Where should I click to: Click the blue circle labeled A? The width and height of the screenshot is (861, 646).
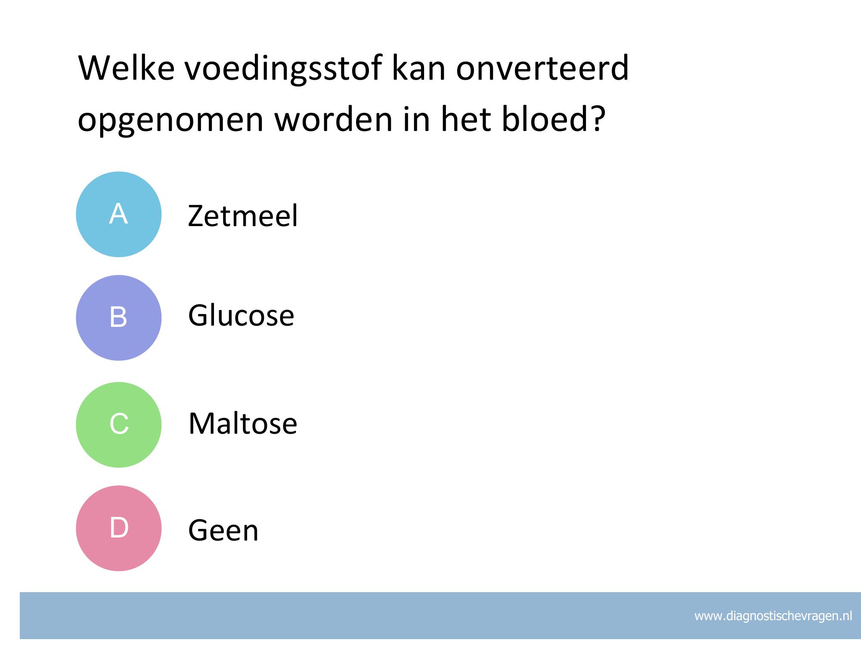point(119,214)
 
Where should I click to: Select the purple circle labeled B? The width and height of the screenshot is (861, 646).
point(119,318)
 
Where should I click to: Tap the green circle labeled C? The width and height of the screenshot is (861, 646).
point(119,425)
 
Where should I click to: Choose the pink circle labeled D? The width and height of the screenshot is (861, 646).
point(119,528)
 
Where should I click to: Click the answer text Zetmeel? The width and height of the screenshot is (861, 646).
point(243,215)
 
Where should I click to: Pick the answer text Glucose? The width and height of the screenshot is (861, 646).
point(241,315)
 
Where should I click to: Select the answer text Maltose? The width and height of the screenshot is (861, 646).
point(243,423)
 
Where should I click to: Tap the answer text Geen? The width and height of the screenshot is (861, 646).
point(223,530)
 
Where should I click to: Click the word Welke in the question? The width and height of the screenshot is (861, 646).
point(126,68)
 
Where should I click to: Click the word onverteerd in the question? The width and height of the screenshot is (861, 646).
point(542,68)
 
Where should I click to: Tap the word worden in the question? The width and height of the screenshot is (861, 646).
point(334,118)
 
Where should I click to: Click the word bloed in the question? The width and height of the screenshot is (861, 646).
point(545,118)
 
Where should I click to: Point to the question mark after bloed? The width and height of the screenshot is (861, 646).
point(598,118)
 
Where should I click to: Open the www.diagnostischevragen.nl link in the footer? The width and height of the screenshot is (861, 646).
point(773,616)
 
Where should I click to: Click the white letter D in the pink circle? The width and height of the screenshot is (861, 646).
point(119,527)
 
